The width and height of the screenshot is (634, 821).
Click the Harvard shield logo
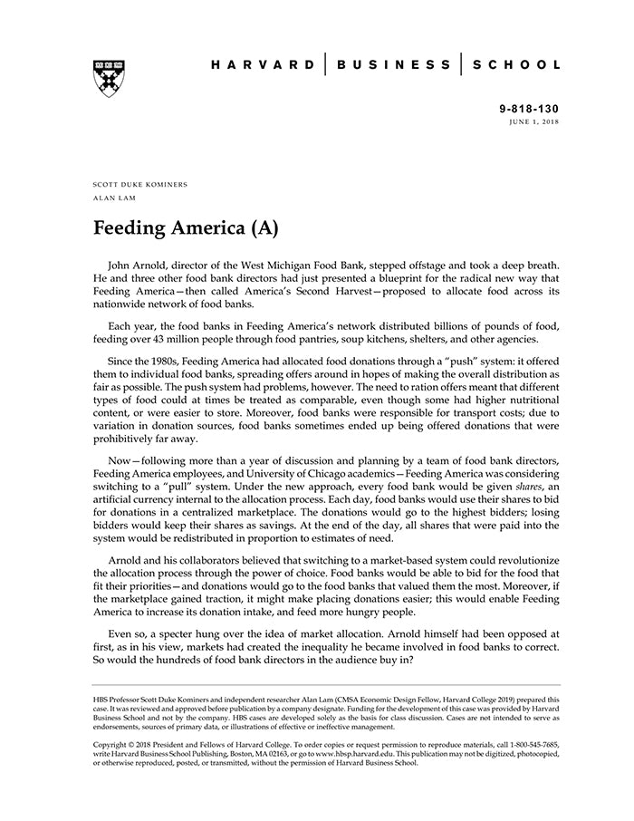pyautogui.click(x=109, y=79)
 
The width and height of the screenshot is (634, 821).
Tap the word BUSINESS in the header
pyautogui.click(x=393, y=65)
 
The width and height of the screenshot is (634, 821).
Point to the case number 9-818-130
pyautogui.click(x=529, y=109)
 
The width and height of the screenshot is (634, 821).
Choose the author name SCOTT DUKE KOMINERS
pyautogui.click(x=140, y=184)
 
